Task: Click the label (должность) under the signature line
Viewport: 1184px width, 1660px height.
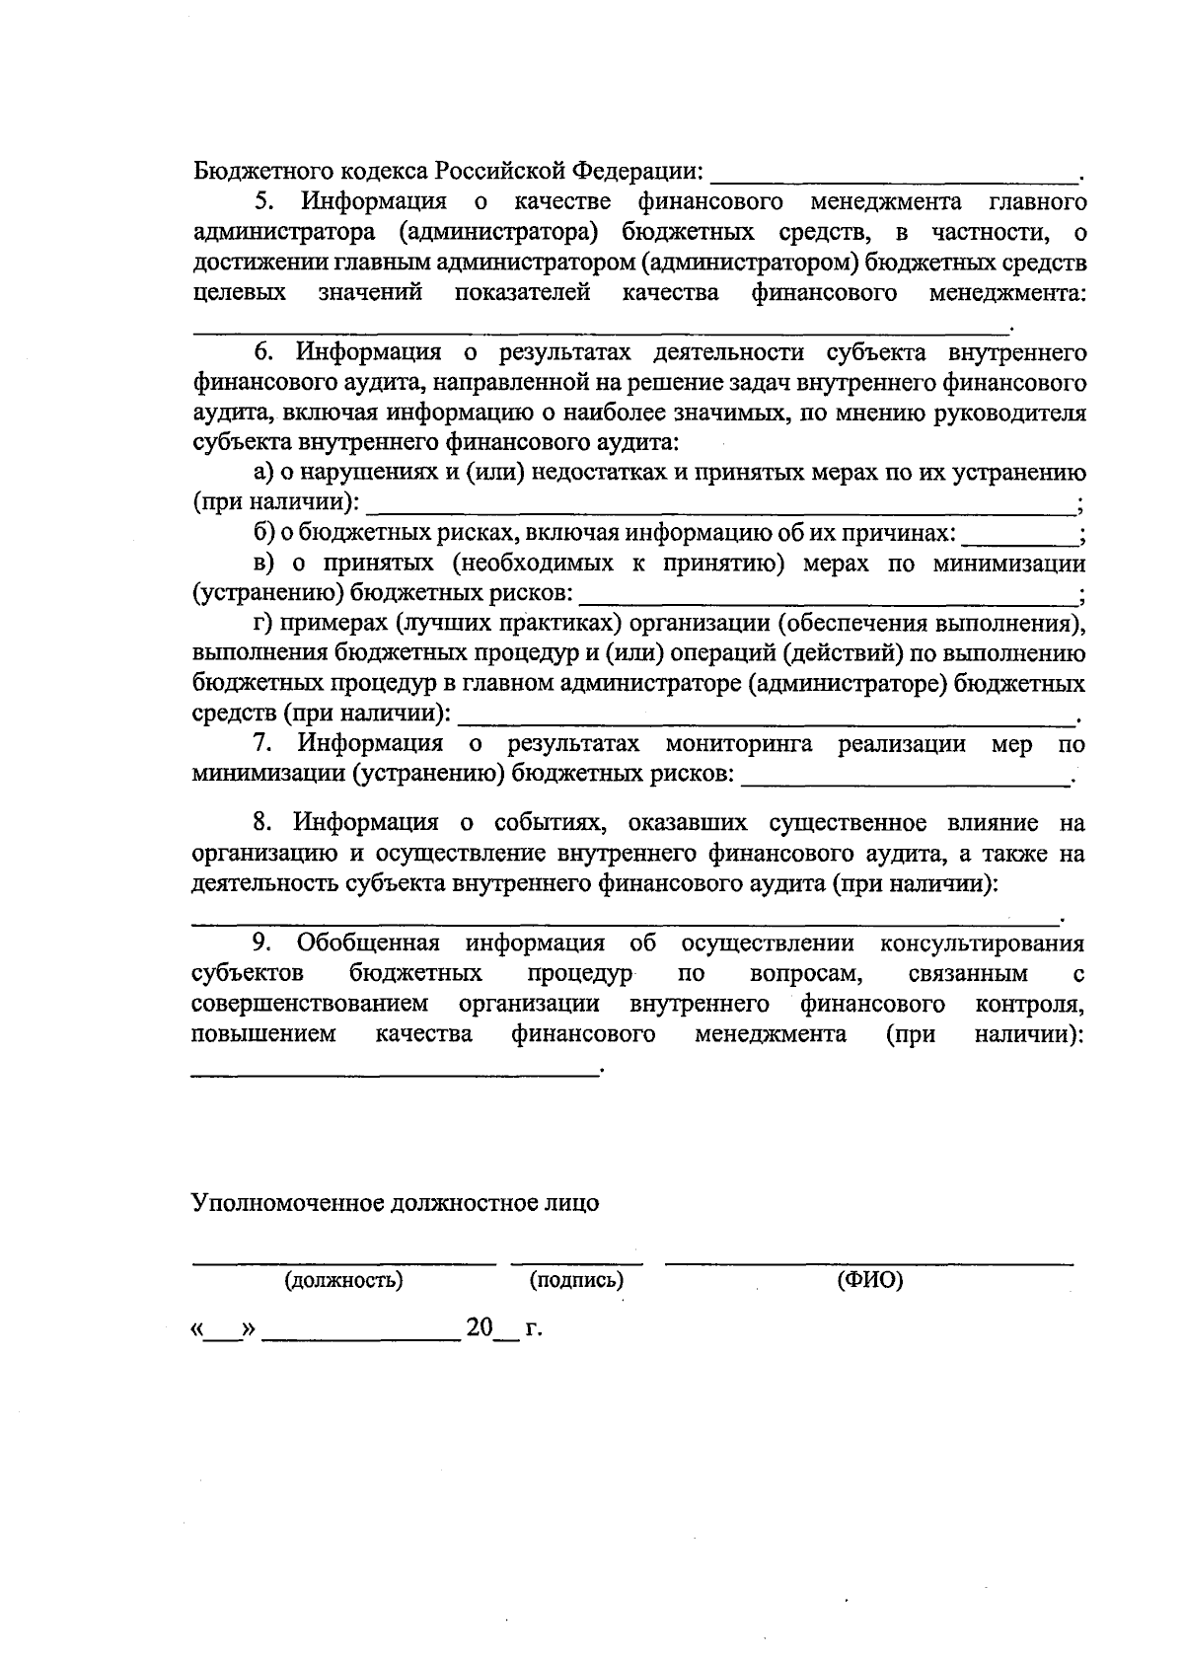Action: coord(343,1281)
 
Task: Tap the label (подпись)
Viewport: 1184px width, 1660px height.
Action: coord(576,1281)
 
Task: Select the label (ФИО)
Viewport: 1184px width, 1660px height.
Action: coord(869,1281)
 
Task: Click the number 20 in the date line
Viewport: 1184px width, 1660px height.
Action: coord(480,1327)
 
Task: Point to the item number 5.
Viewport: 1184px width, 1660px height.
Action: coord(262,202)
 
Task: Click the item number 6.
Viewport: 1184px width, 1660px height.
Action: coord(262,352)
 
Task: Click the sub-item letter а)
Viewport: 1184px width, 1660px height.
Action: coord(261,474)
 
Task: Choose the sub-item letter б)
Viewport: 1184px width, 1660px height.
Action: coord(262,534)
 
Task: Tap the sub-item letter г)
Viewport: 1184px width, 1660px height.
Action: coord(261,624)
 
